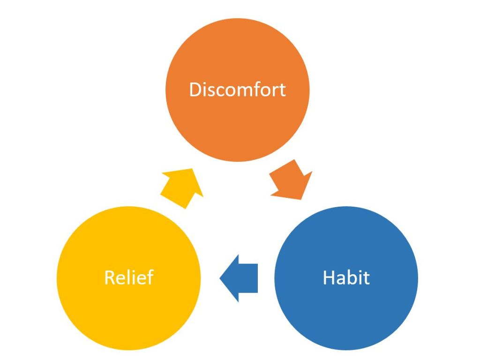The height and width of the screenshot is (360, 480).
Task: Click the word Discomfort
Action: [x=237, y=89]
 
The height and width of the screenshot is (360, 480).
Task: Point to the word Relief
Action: [x=128, y=277]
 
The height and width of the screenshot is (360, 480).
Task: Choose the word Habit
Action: [x=346, y=277]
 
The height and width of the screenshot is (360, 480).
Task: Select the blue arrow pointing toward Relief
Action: [x=239, y=278]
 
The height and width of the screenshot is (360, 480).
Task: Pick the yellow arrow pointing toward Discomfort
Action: [x=181, y=187]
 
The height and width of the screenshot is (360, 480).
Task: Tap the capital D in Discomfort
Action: [x=195, y=89]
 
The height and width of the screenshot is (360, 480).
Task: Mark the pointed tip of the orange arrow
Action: [x=301, y=198]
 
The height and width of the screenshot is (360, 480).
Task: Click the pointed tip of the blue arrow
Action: [x=221, y=278]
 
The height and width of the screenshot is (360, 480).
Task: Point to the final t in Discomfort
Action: [x=282, y=90]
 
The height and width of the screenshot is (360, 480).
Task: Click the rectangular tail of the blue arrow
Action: [x=250, y=278]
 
